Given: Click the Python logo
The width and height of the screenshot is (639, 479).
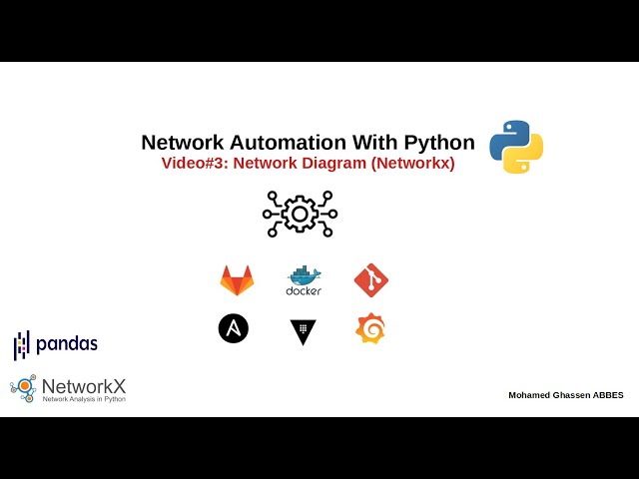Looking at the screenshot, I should [x=516, y=147].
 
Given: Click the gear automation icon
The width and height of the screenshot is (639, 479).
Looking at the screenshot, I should [x=300, y=214].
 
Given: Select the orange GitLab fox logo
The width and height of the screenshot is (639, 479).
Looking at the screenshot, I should [x=237, y=280].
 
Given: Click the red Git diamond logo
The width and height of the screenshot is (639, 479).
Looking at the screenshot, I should [x=370, y=280].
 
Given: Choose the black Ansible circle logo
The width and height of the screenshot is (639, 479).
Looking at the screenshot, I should [x=234, y=328].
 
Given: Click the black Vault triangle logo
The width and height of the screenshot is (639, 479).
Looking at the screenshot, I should [x=303, y=331].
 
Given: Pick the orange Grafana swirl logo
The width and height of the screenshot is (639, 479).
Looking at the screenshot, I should [x=370, y=328].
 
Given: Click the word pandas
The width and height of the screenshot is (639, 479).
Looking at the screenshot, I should [x=67, y=344].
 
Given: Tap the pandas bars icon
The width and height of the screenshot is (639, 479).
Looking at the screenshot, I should [x=21, y=345].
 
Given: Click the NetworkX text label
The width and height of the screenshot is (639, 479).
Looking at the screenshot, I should [x=84, y=386].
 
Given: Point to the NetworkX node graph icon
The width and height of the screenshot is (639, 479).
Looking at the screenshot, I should [x=24, y=388].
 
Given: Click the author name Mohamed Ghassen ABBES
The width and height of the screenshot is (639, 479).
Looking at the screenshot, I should [x=565, y=395].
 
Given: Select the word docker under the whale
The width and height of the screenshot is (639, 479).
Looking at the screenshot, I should [x=304, y=291].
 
